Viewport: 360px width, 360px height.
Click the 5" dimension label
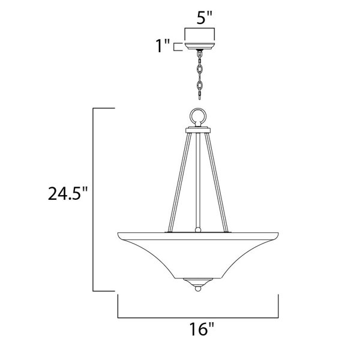pos(204,17)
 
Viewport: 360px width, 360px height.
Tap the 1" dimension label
pos(163,46)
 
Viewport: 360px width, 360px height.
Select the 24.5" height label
pos(68,194)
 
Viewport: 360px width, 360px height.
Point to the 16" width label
pos(202,329)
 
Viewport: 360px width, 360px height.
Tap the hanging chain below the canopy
pos(200,75)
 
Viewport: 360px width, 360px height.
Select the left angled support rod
pos(179,182)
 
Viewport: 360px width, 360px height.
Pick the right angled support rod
pos(217,182)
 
